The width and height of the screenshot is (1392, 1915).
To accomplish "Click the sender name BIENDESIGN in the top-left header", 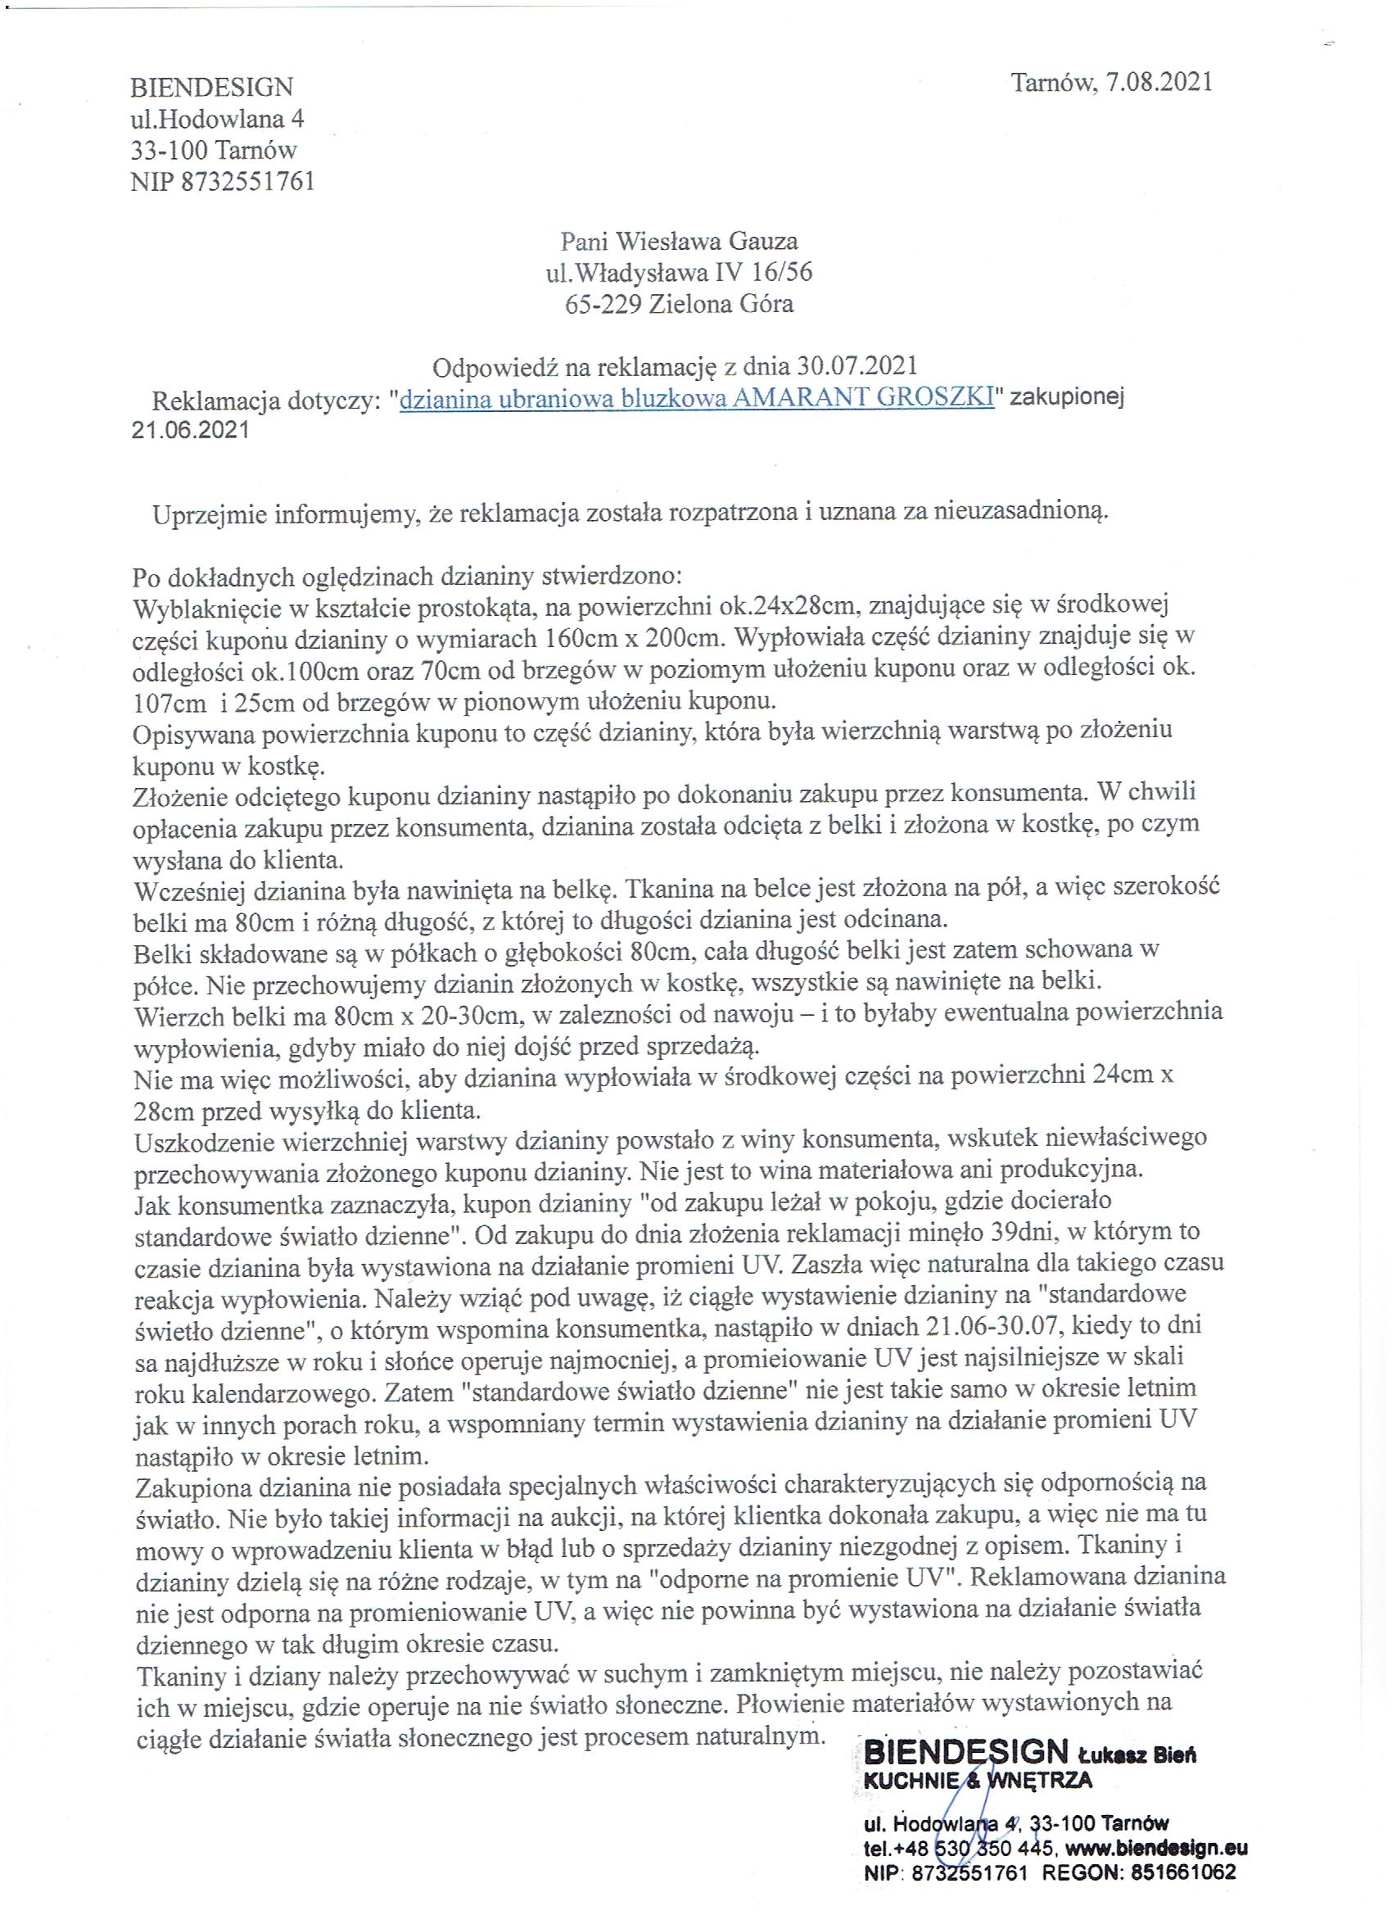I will (x=212, y=87).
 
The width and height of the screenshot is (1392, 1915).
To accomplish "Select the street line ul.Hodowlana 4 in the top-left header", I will (x=217, y=118).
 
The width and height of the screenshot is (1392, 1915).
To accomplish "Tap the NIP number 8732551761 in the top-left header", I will (x=247, y=181).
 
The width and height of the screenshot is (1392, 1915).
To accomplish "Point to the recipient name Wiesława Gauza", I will (x=708, y=242).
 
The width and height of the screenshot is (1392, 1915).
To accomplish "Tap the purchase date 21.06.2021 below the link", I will (x=190, y=430).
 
